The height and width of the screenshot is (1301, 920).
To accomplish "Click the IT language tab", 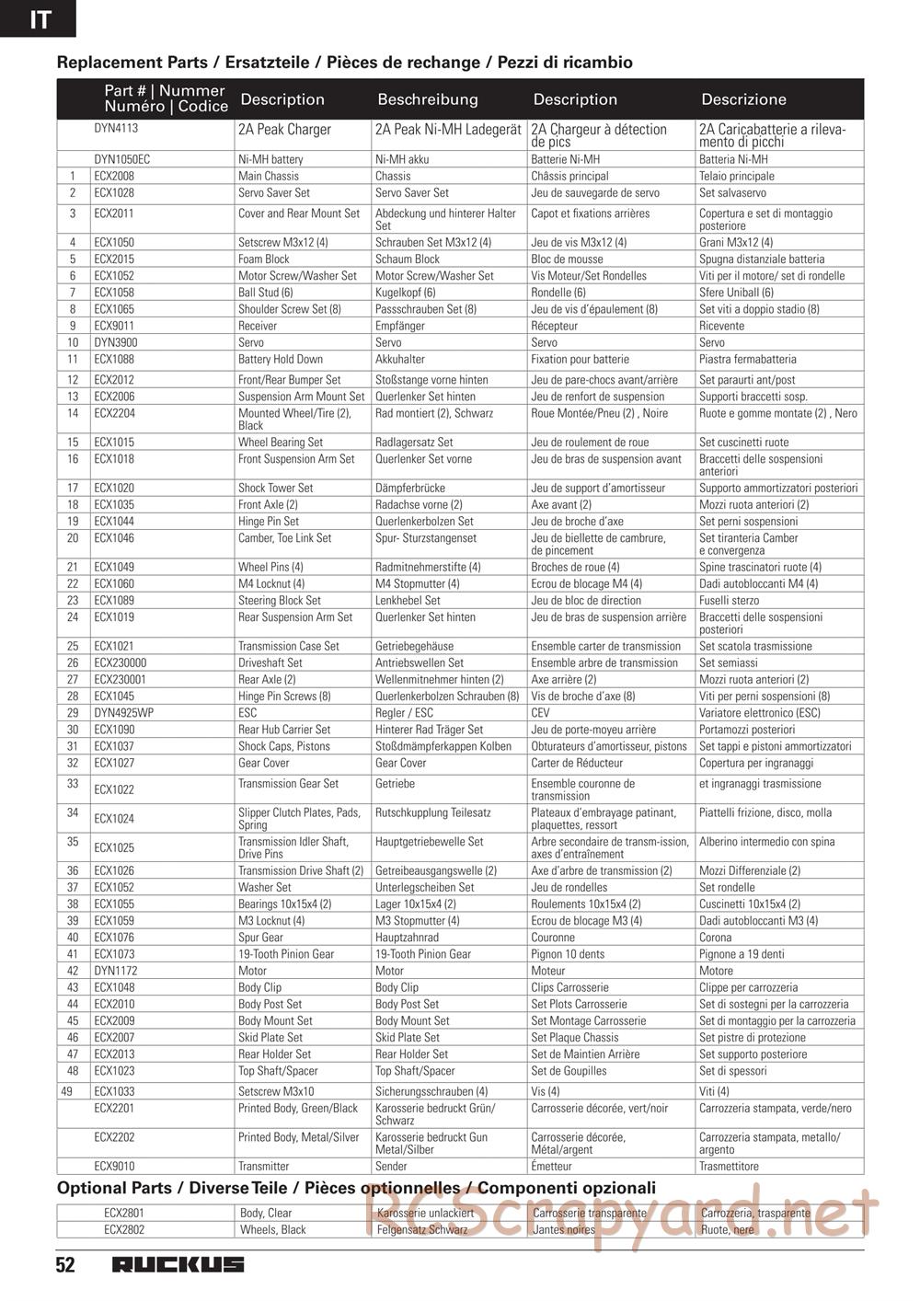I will coord(40,18).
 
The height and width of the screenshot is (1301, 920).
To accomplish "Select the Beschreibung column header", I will coord(428,99).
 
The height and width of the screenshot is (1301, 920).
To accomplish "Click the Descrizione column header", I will coord(743,99).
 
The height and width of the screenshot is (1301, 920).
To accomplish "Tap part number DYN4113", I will coord(116,129).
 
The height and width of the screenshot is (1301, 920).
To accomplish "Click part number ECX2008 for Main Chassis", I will coord(114,176).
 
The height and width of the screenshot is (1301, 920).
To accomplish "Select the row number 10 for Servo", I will coord(73,342).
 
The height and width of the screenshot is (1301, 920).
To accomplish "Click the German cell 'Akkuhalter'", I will coord(400,359).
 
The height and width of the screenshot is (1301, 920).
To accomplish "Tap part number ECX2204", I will coord(114,413).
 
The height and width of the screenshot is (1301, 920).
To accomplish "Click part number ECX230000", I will coord(120,662).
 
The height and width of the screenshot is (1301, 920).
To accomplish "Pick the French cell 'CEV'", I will coord(541,713).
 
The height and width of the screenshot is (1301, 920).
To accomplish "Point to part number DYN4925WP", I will coord(123,713).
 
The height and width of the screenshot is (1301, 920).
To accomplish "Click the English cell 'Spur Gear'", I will coord(260,938).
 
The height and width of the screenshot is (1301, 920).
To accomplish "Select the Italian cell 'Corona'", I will coord(716,938).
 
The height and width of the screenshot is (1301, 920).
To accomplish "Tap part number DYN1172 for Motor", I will coord(115,971).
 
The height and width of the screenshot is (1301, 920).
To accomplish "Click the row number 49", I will coord(65,1091).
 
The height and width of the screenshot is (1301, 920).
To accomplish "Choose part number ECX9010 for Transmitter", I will coord(114,1166).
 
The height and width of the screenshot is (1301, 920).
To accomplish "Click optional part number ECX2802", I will coord(124,1229).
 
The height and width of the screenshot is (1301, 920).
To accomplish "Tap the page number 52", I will coord(65,1265).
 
